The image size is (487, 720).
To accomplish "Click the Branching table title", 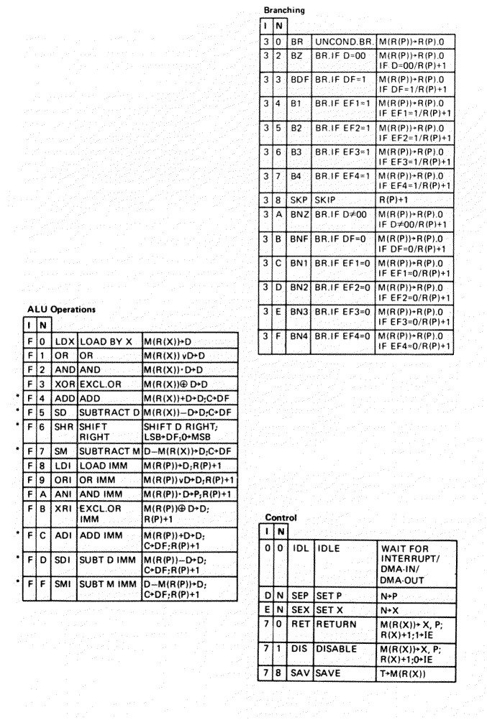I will (x=286, y=11).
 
